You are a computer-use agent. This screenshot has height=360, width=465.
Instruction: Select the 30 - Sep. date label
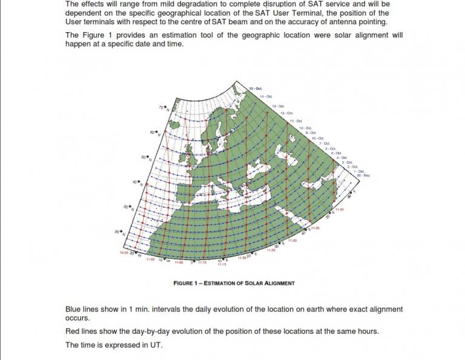click(363, 175)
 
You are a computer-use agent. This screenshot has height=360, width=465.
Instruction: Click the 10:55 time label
click(124, 253)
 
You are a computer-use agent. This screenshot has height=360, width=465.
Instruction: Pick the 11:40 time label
click(339, 210)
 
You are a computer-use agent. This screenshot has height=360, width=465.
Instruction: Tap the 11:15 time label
click(222, 265)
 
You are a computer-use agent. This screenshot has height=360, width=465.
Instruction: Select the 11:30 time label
click(292, 241)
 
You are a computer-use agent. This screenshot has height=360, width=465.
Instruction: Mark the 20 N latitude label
click(118, 232)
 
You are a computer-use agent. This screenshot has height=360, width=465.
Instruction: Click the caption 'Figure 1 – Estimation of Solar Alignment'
click(234, 283)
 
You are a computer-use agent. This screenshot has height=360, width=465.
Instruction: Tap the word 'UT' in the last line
click(157, 345)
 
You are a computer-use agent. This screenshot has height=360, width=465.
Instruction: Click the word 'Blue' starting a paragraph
click(74, 309)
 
